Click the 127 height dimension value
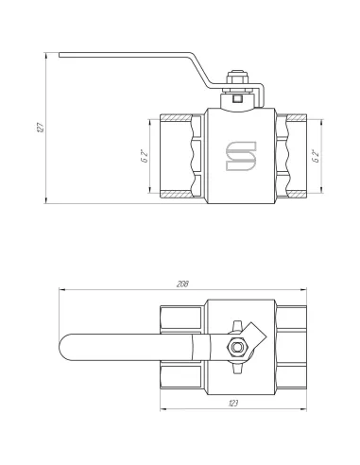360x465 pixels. (x=41, y=128)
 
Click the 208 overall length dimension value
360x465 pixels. (x=182, y=284)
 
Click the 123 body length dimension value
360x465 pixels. (x=233, y=403)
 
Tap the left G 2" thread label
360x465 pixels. (x=145, y=156)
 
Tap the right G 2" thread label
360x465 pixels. (x=316, y=156)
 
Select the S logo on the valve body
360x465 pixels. (x=241, y=156)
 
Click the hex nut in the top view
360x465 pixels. (x=237, y=347)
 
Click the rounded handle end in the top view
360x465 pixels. (x=65, y=347)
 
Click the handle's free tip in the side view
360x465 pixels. (x=60, y=55)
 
